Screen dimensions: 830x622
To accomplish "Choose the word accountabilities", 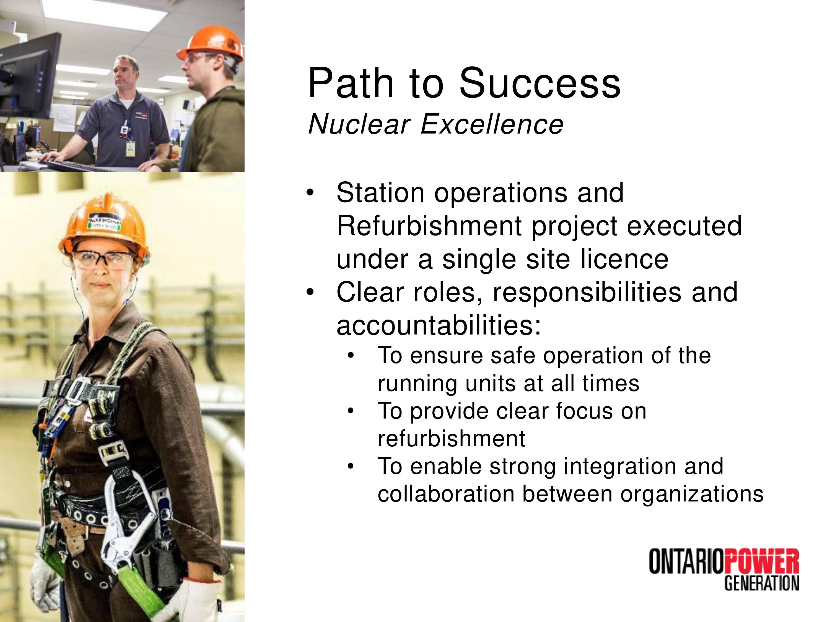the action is [439, 325].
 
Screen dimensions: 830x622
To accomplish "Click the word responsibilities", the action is [587, 292].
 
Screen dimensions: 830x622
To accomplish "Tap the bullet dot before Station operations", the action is [310, 194].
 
